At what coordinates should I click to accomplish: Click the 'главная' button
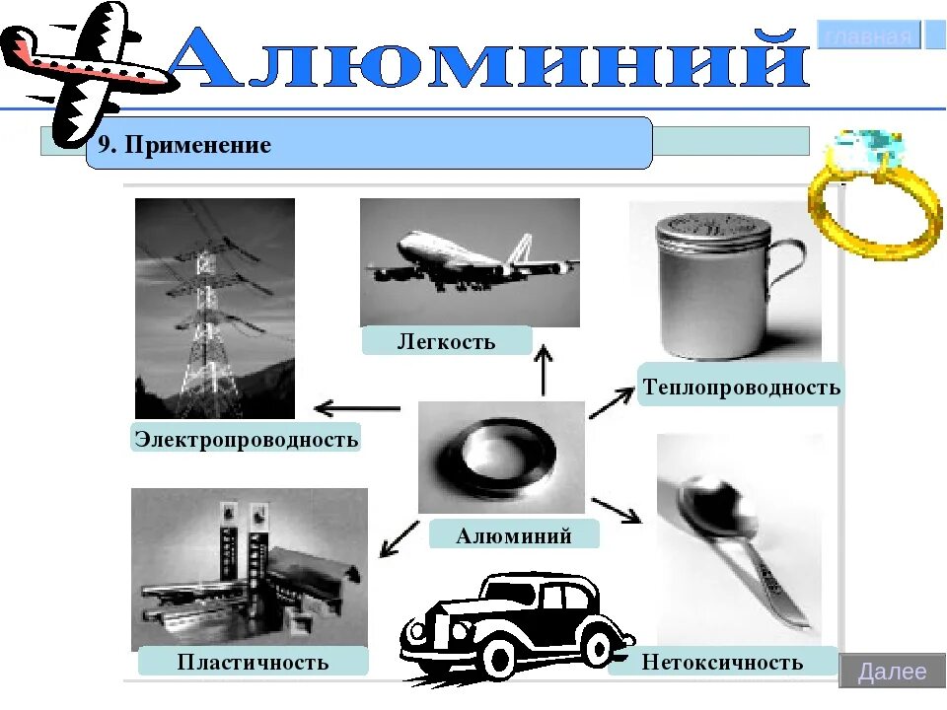(x=868, y=36)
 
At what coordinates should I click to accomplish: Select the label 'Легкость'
(x=446, y=341)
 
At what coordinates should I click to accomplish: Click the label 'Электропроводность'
(x=246, y=438)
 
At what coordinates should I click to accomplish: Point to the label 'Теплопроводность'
(x=742, y=386)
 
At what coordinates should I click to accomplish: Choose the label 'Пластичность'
(x=253, y=661)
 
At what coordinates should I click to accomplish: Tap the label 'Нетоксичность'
(x=722, y=661)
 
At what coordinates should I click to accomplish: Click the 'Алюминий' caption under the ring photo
(x=513, y=535)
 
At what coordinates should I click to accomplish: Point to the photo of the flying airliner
(x=470, y=261)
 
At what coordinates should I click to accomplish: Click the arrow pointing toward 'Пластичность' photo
(x=400, y=538)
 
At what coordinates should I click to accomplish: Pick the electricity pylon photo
(x=214, y=308)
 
